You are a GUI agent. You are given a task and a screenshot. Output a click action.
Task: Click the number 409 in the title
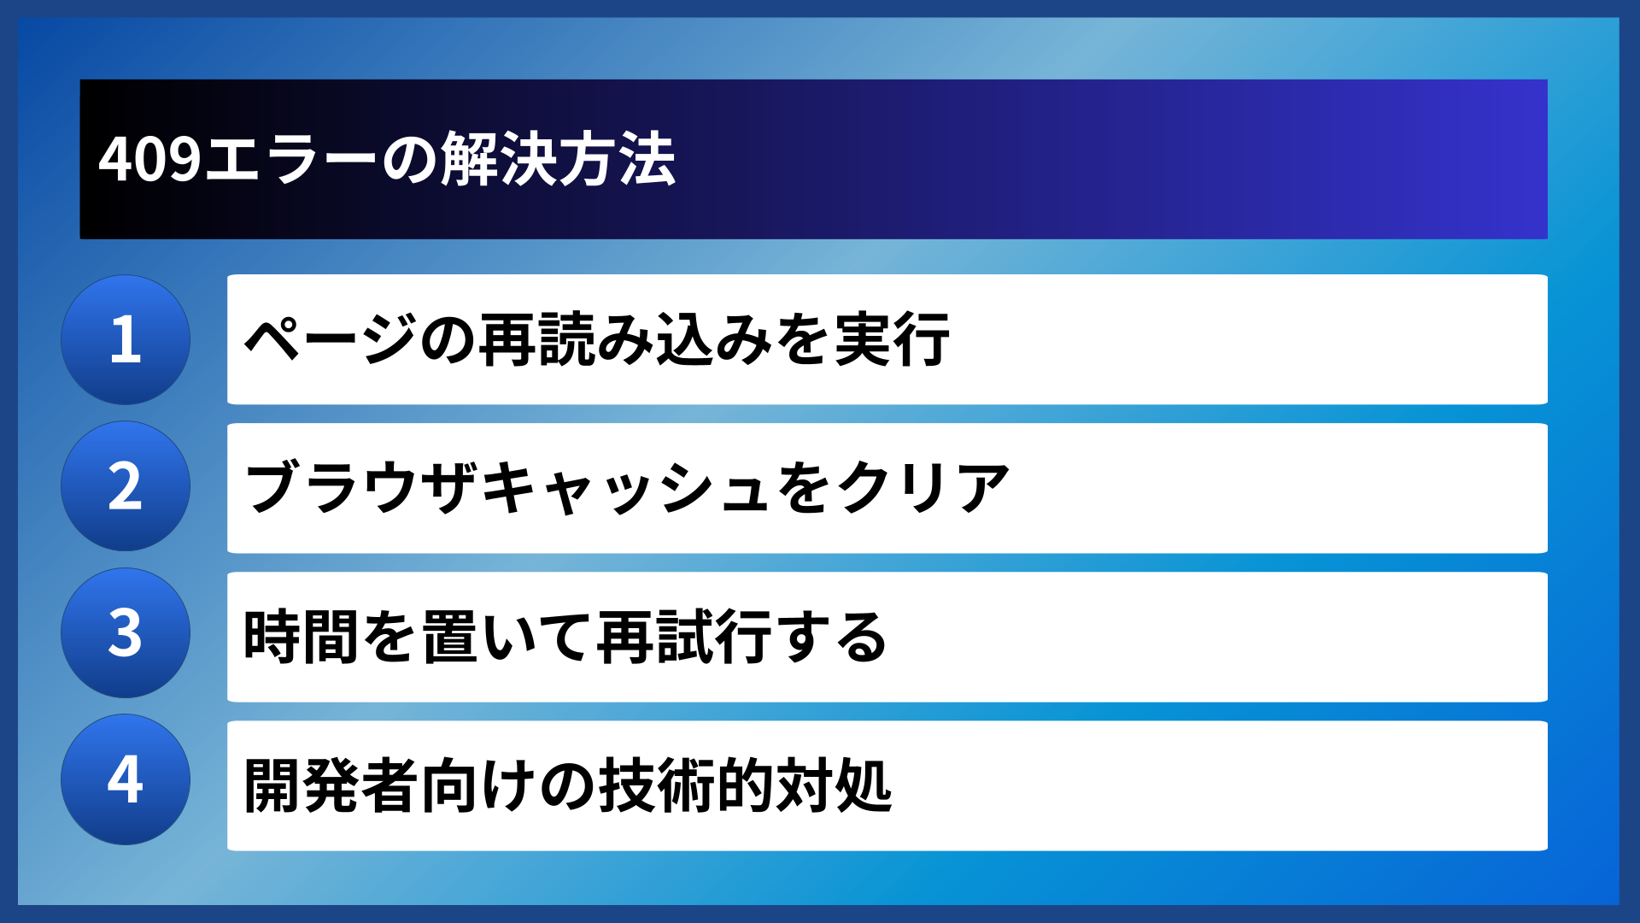[149, 160]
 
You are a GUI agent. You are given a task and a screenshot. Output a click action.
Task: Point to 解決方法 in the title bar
[558, 160]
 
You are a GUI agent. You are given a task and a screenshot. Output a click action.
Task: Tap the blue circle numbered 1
[126, 339]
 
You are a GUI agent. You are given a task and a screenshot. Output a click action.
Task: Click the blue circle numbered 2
[126, 486]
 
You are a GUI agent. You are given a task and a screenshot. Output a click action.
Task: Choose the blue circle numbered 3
[126, 633]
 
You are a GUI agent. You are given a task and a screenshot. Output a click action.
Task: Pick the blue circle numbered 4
[126, 779]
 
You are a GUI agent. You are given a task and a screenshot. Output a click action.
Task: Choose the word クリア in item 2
[923, 487]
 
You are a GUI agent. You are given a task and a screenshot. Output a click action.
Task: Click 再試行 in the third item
[684, 637]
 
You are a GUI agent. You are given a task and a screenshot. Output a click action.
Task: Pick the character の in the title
[409, 160]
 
